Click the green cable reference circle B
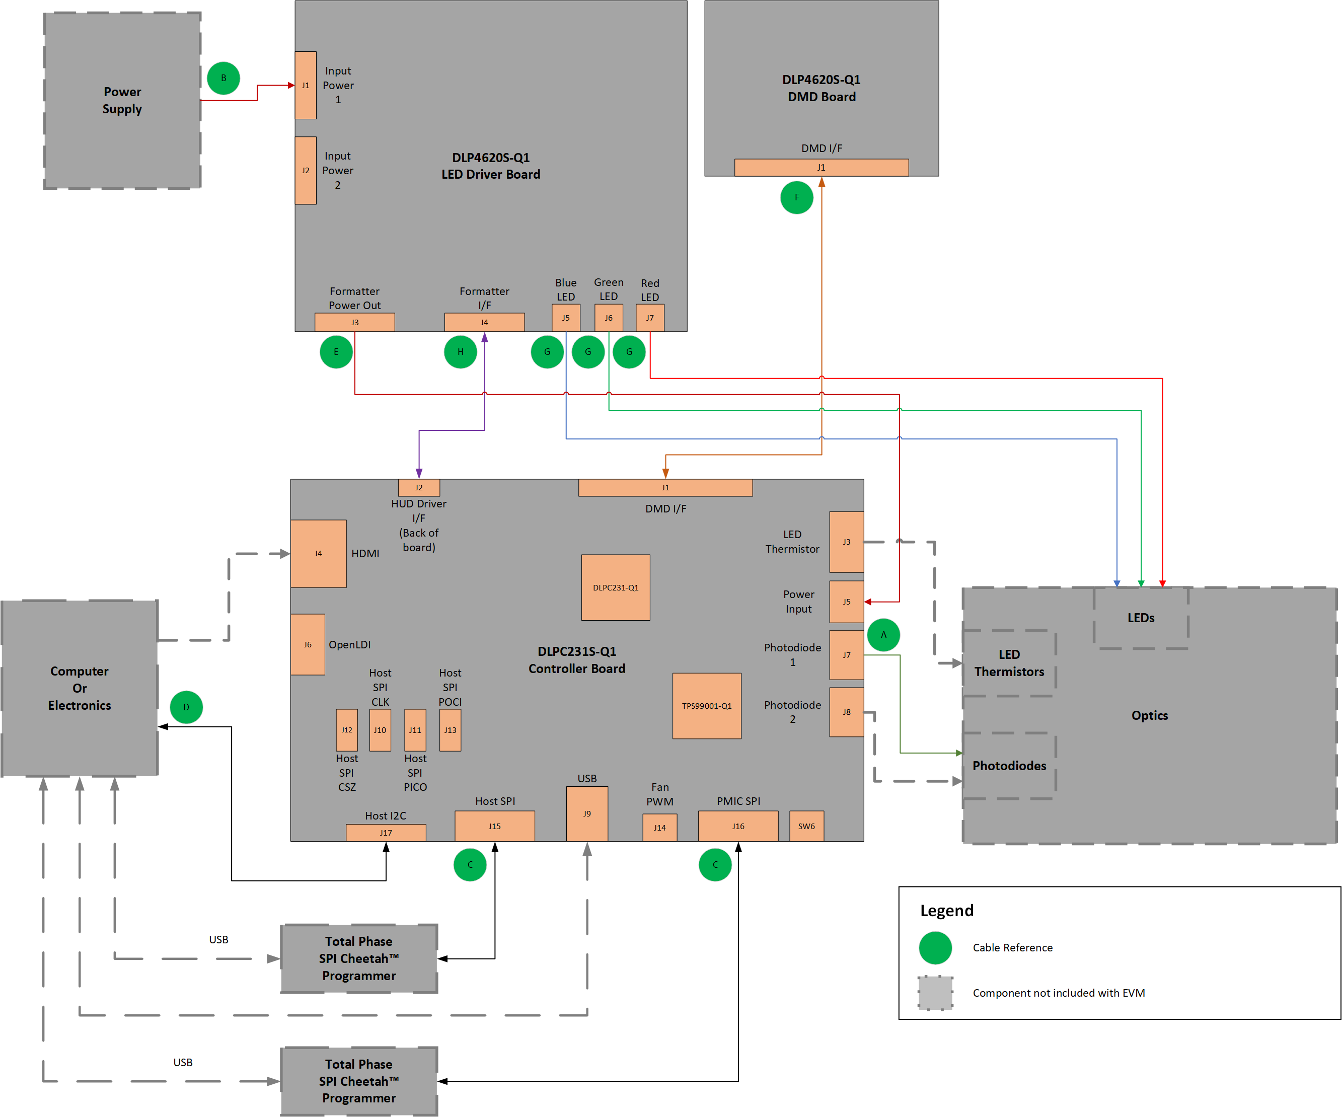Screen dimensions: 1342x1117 [223, 78]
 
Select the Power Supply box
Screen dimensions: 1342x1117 [122, 100]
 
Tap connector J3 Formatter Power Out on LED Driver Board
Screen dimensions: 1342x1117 [355, 322]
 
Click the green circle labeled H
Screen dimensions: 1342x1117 [460, 352]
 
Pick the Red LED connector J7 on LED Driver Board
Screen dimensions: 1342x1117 [650, 318]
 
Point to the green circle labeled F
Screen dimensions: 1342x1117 [796, 197]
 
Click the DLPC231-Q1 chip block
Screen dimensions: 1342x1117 [616, 587]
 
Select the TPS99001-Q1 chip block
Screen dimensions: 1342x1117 [707, 705]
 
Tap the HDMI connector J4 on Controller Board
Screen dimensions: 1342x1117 [318, 553]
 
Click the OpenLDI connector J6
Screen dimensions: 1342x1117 [308, 644]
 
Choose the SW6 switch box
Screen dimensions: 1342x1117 [806, 826]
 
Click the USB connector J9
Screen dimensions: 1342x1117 [586, 813]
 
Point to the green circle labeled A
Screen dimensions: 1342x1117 [884, 635]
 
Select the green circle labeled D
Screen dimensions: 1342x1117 [186, 707]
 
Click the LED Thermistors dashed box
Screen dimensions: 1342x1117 [1009, 662]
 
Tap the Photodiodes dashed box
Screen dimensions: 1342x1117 [1009, 766]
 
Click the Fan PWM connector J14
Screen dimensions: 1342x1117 [659, 828]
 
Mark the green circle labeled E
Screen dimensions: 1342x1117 [336, 352]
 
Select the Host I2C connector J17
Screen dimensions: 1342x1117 [386, 833]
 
